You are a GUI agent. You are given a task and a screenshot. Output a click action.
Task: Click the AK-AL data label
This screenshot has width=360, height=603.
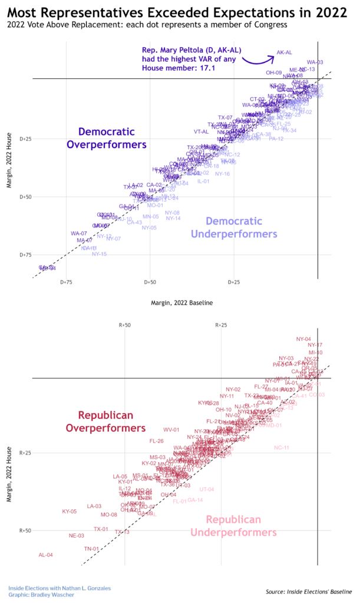tap(285, 52)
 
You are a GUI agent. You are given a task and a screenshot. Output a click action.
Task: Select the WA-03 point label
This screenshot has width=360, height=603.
tap(315, 62)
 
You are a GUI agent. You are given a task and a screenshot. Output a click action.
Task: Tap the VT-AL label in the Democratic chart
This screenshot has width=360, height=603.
tap(202, 131)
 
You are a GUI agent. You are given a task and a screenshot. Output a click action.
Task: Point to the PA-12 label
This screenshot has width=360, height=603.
tap(276, 139)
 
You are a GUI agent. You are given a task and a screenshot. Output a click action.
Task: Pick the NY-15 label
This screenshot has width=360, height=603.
tap(100, 254)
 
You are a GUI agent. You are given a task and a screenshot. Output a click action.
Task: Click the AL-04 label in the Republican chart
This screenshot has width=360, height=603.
tap(46, 555)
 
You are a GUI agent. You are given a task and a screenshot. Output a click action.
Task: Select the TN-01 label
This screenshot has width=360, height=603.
tap(91, 549)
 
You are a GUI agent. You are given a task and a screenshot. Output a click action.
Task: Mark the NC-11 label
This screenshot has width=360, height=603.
tap(282, 448)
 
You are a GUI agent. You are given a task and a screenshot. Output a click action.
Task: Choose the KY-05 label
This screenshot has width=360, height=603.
tap(70, 512)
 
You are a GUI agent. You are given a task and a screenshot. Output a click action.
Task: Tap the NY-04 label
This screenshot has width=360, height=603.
tap(303, 340)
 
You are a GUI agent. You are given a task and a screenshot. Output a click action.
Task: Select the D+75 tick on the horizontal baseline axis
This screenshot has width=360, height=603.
tap(67, 282)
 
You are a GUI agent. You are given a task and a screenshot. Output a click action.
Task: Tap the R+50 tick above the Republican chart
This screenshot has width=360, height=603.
tap(125, 325)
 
